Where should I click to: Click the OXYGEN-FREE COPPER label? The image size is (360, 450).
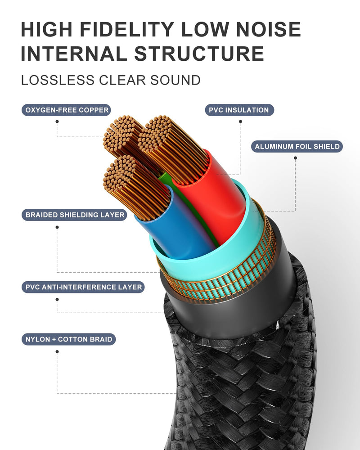[66, 110]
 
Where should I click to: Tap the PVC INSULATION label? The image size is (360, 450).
[239, 110]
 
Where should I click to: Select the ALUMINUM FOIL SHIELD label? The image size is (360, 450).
[297, 146]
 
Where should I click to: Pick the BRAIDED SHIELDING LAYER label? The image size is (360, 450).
[74, 215]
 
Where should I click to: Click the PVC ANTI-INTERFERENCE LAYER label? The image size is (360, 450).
[83, 287]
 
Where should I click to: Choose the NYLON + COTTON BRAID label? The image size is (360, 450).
[68, 339]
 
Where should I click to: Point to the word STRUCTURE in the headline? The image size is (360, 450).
[199, 54]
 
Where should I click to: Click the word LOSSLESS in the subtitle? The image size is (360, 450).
[58, 80]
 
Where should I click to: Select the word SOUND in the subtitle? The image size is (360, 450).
[175, 80]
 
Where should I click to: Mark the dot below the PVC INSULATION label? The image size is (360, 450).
[240, 121]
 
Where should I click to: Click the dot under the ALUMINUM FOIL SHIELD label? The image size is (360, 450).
[295, 158]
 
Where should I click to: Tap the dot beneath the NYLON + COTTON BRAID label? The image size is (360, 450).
[57, 351]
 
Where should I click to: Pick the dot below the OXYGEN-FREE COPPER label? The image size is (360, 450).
[57, 121]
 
